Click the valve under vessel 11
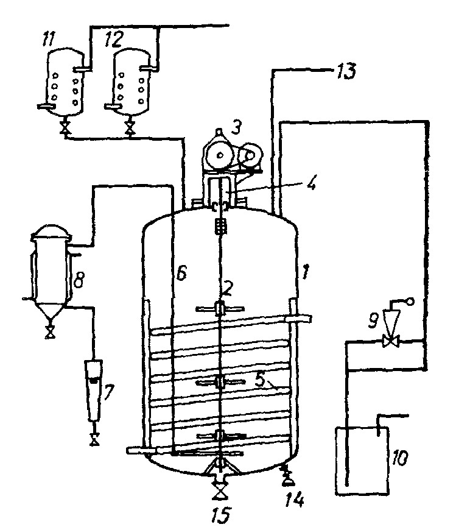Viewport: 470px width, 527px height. pos(63,129)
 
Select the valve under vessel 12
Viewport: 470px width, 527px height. pos(129,129)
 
